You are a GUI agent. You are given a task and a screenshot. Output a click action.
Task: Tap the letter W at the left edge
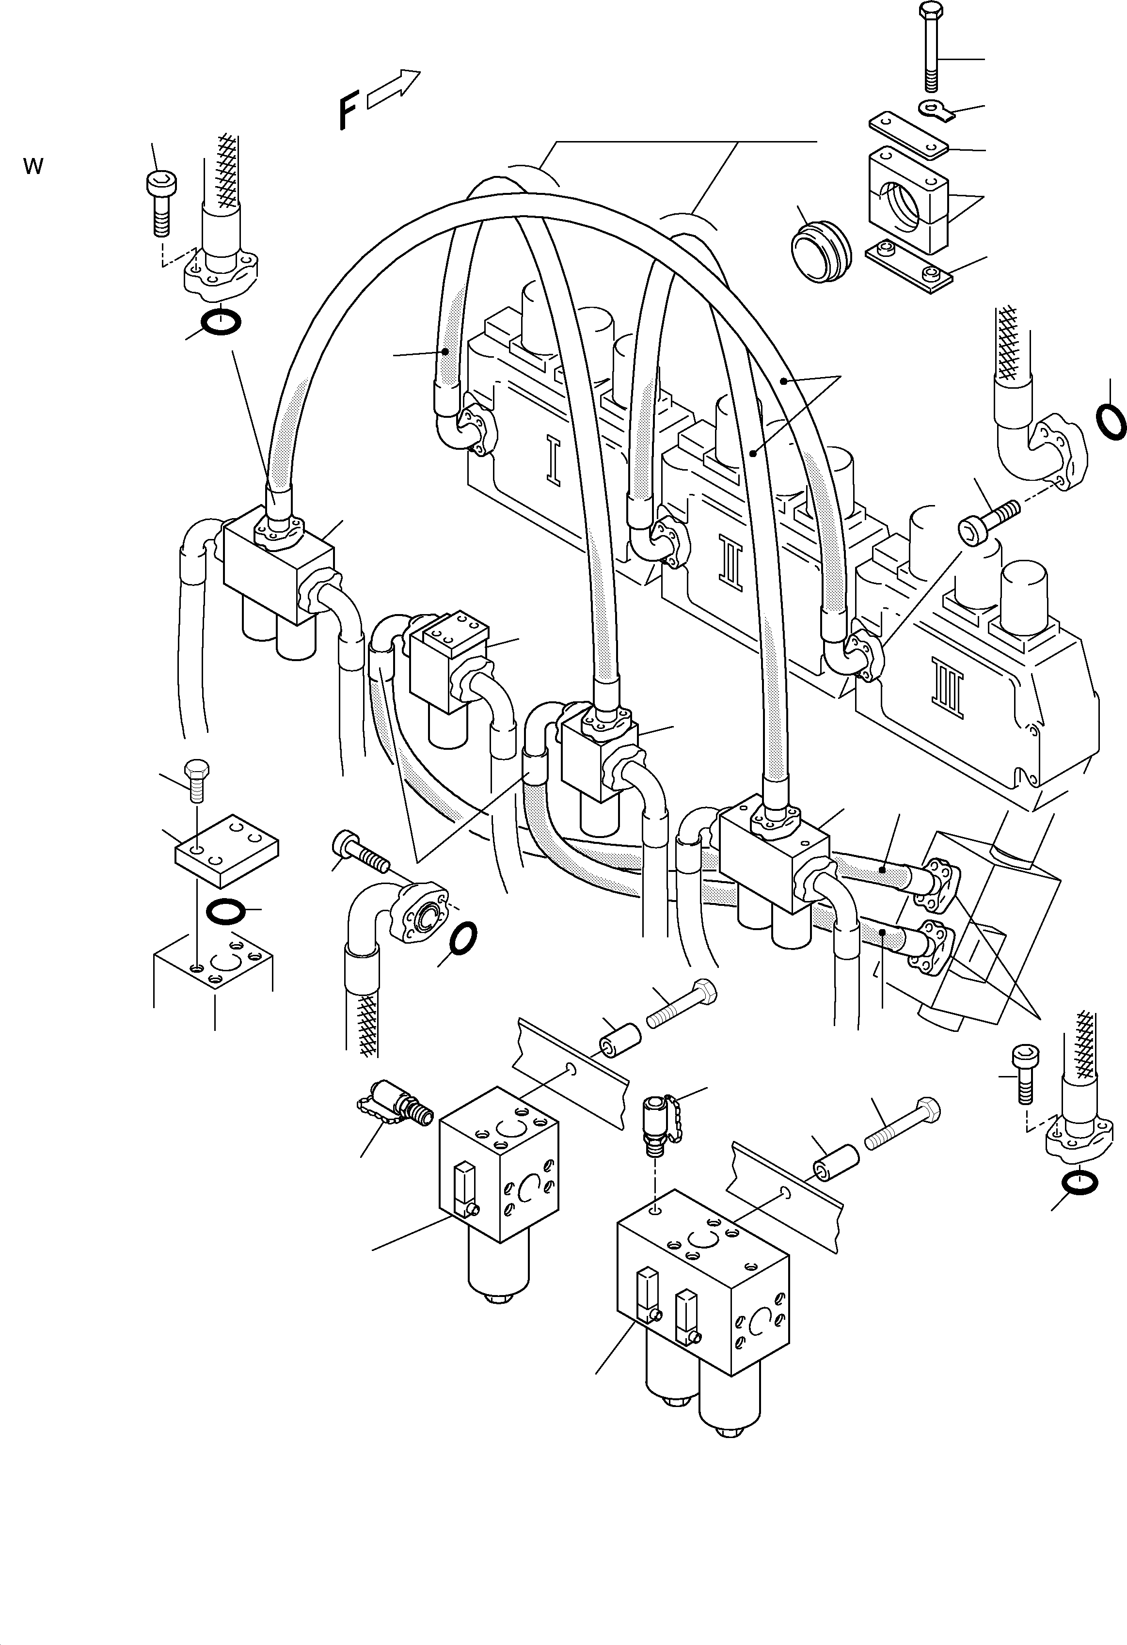pyautogui.click(x=33, y=167)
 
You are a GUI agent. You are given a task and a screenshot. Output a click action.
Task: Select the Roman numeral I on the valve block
pyautogui.click(x=553, y=461)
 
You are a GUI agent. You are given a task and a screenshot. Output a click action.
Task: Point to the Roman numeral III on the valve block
pyautogui.click(x=949, y=687)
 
